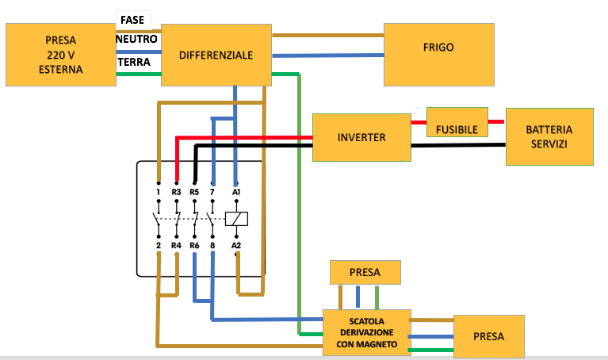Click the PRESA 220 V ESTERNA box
tap(60, 55)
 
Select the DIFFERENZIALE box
tap(216, 56)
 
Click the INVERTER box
tap(361, 138)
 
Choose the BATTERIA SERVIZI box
tap(549, 136)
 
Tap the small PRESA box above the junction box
tap(365, 273)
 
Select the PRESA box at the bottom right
tap(488, 337)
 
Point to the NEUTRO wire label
tap(136, 38)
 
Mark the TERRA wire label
tap(134, 62)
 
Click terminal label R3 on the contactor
tap(177, 192)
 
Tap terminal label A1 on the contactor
tap(235, 192)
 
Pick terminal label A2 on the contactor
tap(235, 246)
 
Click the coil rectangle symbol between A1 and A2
tap(236, 218)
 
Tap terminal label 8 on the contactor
tap(212, 246)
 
